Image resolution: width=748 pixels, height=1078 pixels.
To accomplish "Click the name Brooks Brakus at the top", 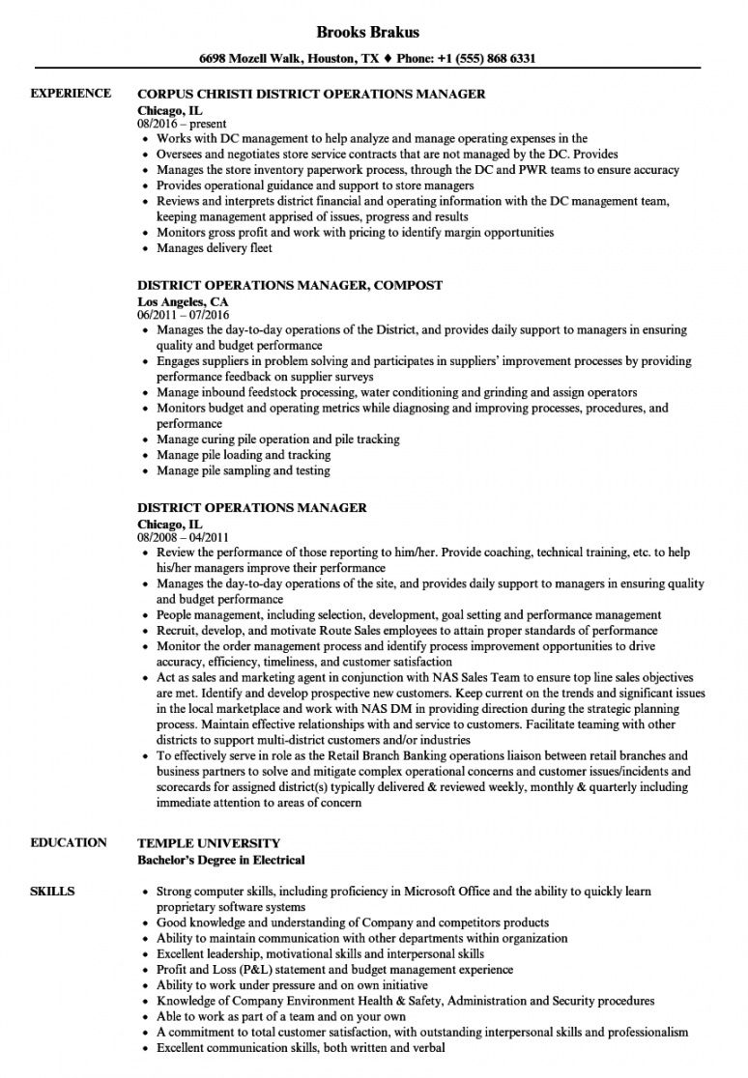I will pyautogui.click(x=373, y=32).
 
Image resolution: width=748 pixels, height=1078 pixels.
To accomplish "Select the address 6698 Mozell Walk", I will pyautogui.click(x=257, y=58).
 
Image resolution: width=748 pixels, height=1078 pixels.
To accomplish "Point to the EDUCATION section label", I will pyautogui.click(x=69, y=842).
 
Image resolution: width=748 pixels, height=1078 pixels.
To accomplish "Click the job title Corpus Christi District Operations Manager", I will pyautogui.click(x=311, y=95).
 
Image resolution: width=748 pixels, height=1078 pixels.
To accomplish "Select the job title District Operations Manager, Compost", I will pyautogui.click(x=290, y=285).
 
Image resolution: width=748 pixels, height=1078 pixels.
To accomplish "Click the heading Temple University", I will pyautogui.click(x=209, y=842).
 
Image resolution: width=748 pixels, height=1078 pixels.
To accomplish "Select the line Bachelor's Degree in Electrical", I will pyautogui.click(x=221, y=859).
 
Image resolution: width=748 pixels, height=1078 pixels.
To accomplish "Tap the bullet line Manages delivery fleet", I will pyautogui.click(x=215, y=248).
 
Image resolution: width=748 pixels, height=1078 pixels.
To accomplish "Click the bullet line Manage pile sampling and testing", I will pyautogui.click(x=243, y=470).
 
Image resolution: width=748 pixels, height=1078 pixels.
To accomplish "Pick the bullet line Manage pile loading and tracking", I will pyautogui.click(x=243, y=455).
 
